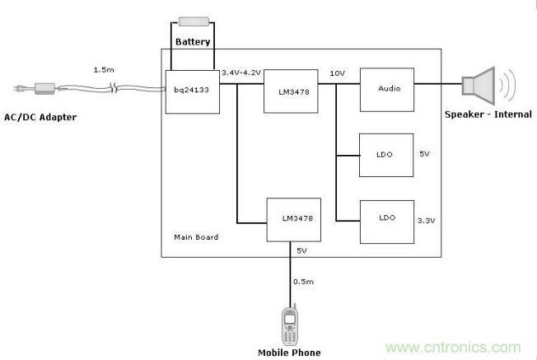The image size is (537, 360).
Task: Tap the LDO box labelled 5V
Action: point(386,155)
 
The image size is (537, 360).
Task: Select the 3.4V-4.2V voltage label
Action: point(241,72)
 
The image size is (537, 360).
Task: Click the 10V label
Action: point(338,72)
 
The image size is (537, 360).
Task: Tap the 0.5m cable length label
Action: point(303,281)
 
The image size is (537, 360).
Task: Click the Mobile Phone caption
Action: point(289,353)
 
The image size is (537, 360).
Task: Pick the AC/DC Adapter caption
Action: point(40,118)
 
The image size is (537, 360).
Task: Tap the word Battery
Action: point(193,41)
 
